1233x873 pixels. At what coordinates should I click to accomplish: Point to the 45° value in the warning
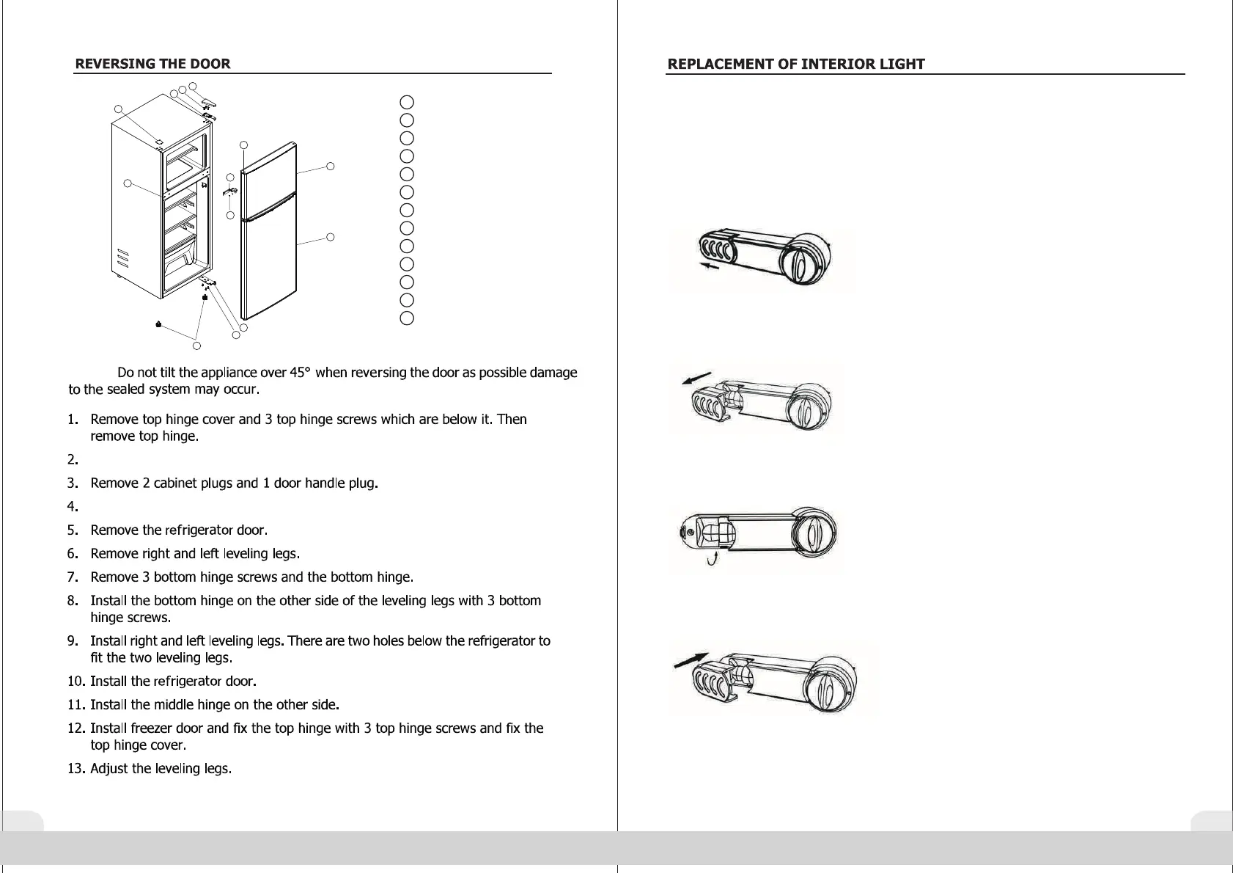301,373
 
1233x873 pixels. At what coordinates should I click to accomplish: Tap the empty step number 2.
73,460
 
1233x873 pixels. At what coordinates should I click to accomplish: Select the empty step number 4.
73,507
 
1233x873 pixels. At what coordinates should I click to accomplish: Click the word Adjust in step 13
109,769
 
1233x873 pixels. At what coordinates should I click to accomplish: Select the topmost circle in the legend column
408,102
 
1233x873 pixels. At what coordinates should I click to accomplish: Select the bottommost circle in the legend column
408,318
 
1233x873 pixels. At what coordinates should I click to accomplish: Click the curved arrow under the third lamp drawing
711,561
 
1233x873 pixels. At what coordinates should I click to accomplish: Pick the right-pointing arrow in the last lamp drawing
691,660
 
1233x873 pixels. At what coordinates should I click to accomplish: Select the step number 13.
76,769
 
